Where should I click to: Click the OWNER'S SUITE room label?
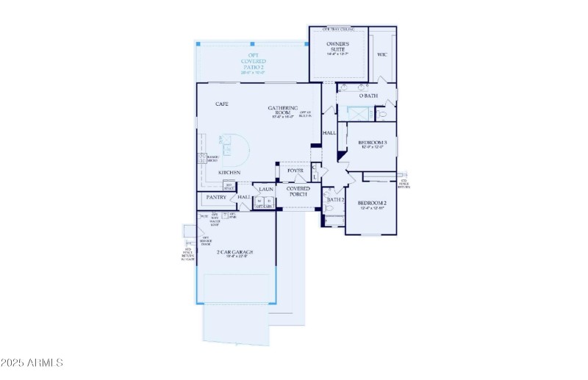[x=338, y=47]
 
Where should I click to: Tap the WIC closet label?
[x=382, y=54]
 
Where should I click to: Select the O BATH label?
[x=367, y=96]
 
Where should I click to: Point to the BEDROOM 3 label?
[x=371, y=143]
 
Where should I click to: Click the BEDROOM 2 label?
[x=372, y=204]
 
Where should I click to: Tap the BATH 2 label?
[x=336, y=199]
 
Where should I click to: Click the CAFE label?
[x=221, y=104]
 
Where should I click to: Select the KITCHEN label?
[x=229, y=173]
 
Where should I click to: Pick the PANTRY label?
[x=216, y=197]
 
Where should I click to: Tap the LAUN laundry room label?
[x=265, y=189]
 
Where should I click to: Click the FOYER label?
[x=295, y=171]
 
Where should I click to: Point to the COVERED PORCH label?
[x=298, y=192]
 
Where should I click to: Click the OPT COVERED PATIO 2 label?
[x=252, y=63]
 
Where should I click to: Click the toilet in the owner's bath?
[x=381, y=115]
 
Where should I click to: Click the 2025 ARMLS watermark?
[x=32, y=363]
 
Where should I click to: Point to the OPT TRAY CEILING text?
[x=339, y=29]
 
